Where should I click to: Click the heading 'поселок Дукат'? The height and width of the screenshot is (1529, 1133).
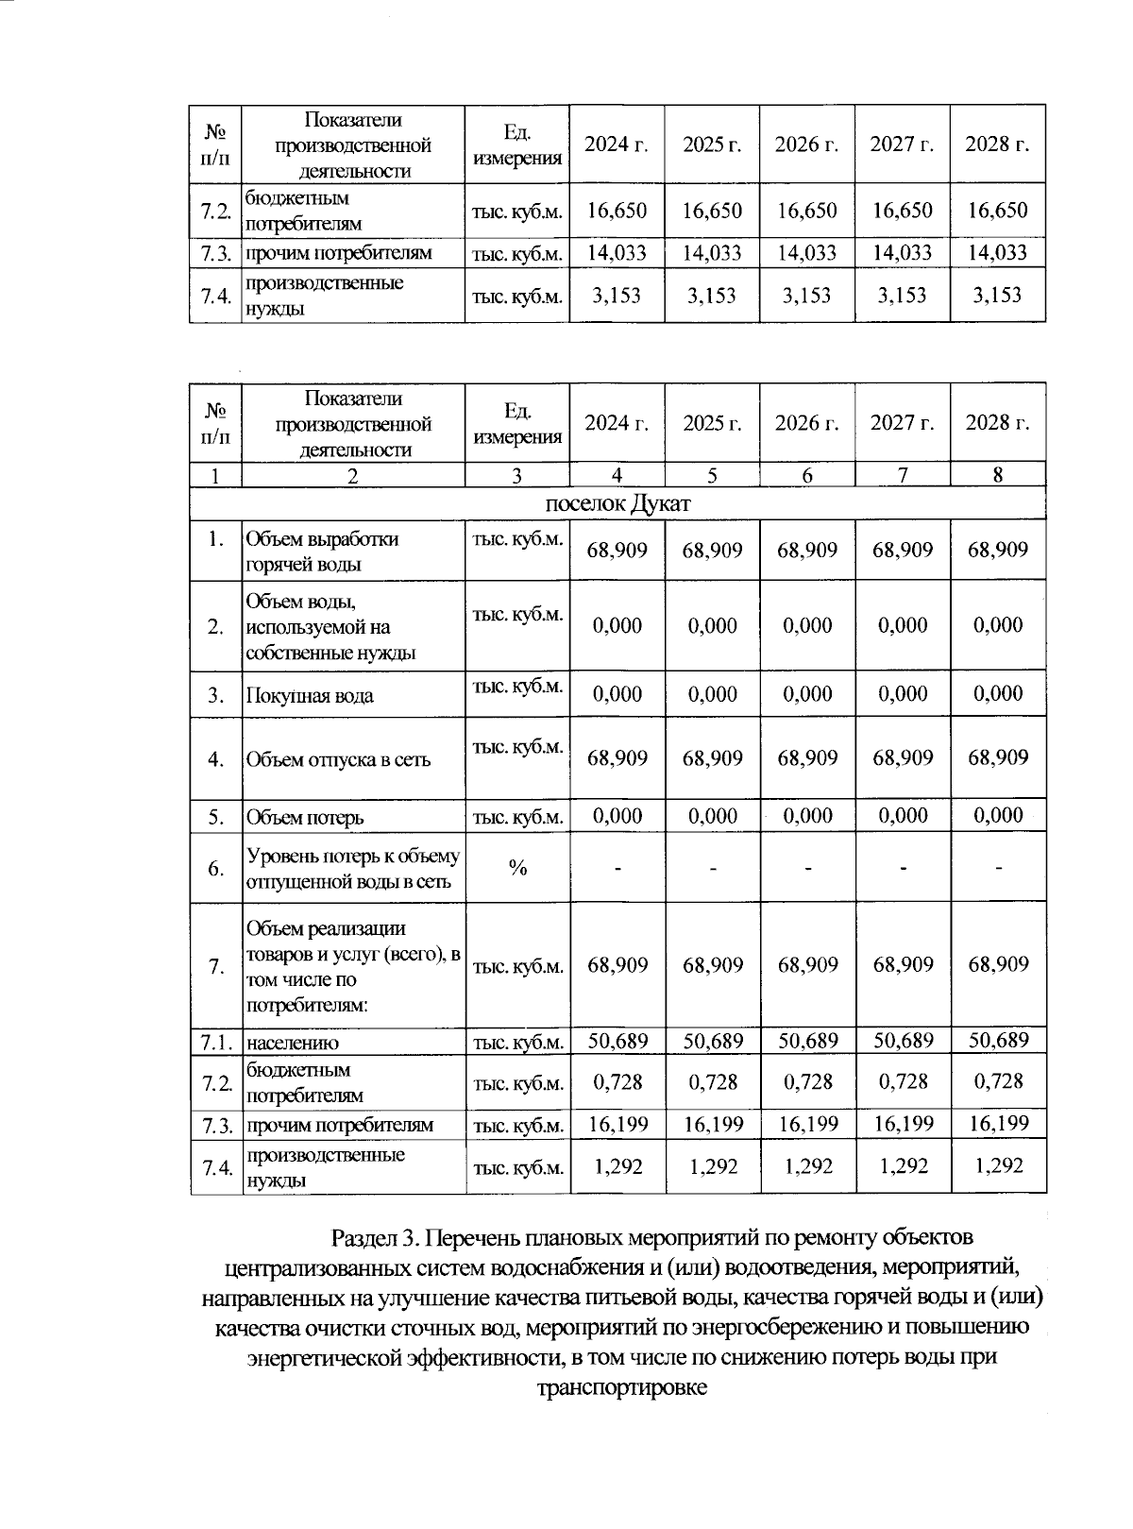(x=617, y=503)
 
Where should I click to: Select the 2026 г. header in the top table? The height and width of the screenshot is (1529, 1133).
(x=806, y=144)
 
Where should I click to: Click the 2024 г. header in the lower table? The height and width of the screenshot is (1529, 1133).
(x=617, y=422)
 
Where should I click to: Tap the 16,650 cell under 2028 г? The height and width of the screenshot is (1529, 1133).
(x=997, y=211)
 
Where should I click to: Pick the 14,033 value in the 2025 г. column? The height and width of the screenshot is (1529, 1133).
(x=712, y=252)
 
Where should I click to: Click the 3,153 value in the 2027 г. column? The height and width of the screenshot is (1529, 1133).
(x=902, y=295)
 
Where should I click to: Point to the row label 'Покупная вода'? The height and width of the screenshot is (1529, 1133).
(x=310, y=696)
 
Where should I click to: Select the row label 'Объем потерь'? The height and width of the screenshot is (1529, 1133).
(x=305, y=817)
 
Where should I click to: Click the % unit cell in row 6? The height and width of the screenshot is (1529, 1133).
(x=517, y=868)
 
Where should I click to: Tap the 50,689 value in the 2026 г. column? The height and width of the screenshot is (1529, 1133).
(x=807, y=1041)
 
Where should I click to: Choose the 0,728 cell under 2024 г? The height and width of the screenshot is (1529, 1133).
(x=617, y=1081)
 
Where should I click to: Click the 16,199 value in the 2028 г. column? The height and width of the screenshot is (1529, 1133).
(x=998, y=1123)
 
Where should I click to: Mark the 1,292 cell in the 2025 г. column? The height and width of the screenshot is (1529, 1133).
(x=712, y=1166)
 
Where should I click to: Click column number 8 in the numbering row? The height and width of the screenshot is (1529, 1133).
(x=998, y=476)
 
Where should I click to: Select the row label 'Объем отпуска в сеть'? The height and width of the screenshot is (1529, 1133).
(x=338, y=759)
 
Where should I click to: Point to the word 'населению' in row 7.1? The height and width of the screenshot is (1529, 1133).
(x=293, y=1043)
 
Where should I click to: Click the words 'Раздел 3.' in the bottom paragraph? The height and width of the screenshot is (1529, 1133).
(x=373, y=1237)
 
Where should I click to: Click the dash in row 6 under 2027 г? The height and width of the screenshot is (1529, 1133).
(x=903, y=868)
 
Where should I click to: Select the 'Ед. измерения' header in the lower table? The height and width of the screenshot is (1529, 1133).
(x=517, y=422)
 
